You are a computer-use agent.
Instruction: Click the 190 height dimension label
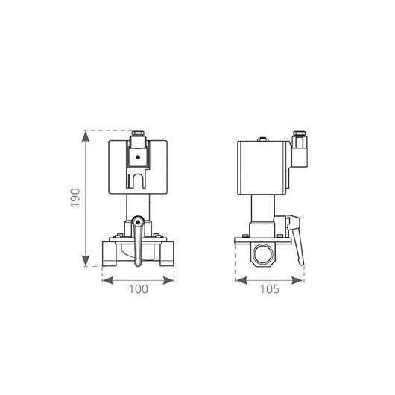75,197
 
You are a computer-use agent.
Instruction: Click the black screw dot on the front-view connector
137,157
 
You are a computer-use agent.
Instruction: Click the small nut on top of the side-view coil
261,139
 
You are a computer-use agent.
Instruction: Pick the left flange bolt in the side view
243,236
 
